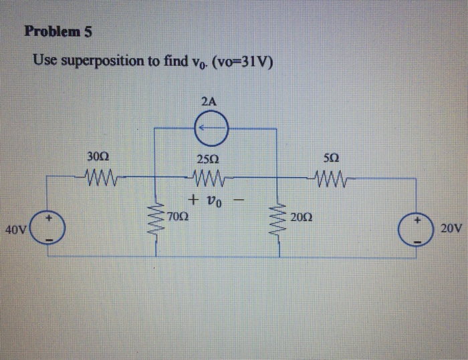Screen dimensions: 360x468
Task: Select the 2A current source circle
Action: click(208, 128)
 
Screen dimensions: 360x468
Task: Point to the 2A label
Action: click(208, 102)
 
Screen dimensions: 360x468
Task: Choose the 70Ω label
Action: click(178, 217)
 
